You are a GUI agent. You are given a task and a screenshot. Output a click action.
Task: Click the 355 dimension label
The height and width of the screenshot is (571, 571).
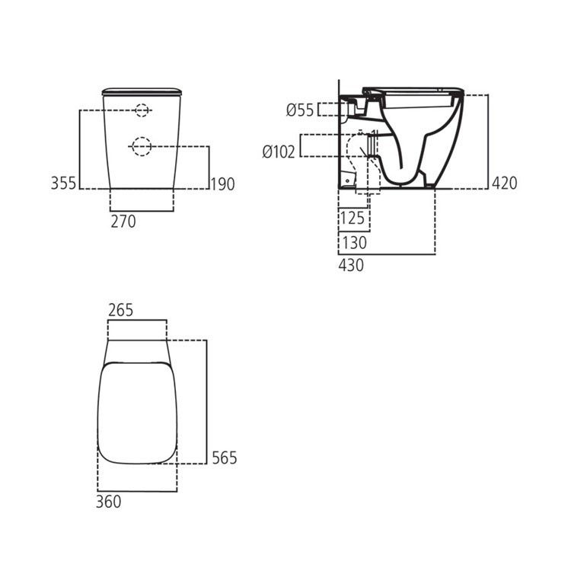(64, 183)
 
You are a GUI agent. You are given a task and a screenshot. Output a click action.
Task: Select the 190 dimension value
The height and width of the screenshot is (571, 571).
(223, 183)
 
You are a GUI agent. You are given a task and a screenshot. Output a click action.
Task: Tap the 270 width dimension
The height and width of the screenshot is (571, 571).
(123, 222)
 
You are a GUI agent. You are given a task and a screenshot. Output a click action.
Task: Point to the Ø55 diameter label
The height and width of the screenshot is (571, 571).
(300, 110)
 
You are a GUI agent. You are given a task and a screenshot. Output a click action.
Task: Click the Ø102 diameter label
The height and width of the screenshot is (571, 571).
(279, 152)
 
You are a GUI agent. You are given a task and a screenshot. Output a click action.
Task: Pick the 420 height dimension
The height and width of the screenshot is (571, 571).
(504, 183)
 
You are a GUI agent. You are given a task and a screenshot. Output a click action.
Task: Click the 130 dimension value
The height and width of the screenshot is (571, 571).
(353, 244)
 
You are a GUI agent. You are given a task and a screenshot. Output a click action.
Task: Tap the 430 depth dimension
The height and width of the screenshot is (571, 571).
(351, 265)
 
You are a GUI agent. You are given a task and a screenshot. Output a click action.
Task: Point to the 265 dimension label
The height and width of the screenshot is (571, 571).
(121, 310)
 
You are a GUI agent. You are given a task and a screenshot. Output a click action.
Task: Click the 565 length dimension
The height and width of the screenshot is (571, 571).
(225, 458)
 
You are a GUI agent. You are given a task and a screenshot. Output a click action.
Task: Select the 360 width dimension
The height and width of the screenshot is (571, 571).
(109, 501)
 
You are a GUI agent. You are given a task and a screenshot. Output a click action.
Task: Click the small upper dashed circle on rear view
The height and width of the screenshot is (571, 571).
(142, 111)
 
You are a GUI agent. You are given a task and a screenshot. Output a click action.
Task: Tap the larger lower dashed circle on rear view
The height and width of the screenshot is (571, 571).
(142, 145)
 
